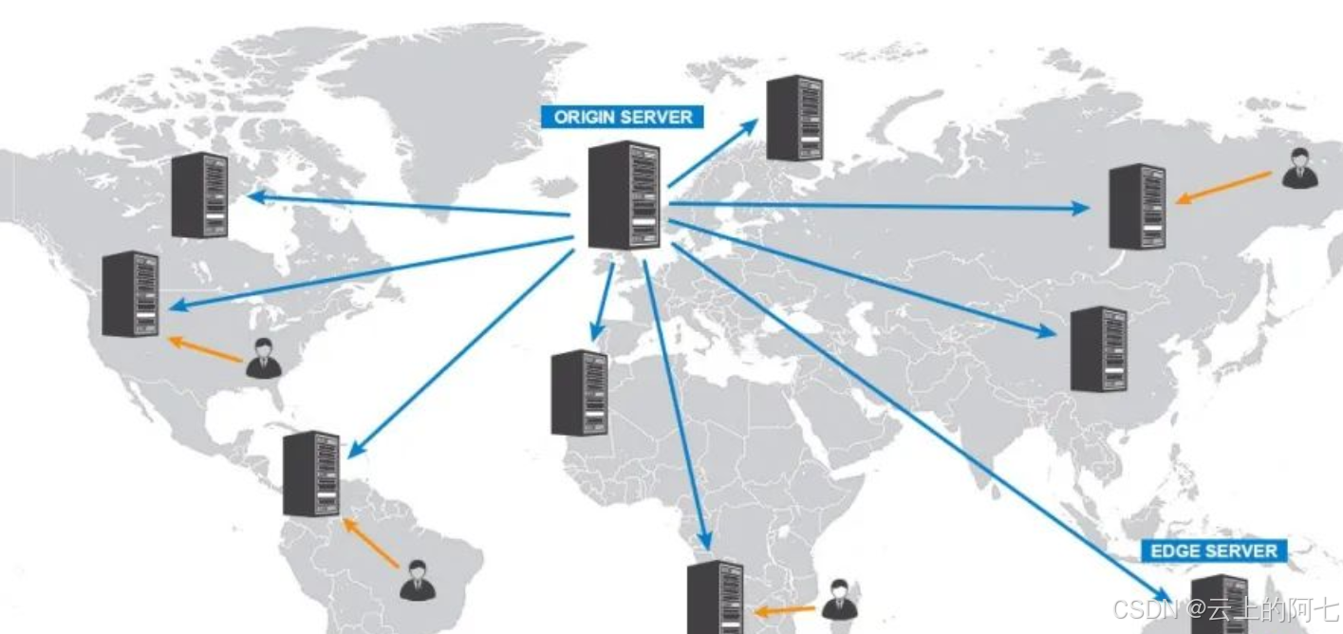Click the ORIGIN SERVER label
[623, 117]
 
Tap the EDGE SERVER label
[1213, 550]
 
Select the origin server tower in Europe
[624, 196]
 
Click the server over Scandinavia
[794, 118]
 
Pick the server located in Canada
[200, 195]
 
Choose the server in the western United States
[131, 294]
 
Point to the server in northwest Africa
[580, 392]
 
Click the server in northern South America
[311, 474]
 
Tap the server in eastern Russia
[1137, 206]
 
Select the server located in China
[1099, 349]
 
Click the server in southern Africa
[716, 598]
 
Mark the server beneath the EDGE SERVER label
[1219, 604]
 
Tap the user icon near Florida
[262, 358]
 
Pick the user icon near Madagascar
[839, 600]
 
